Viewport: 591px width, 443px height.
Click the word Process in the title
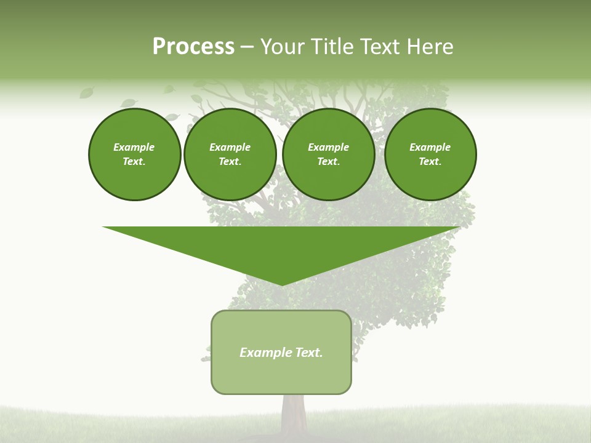click(193, 47)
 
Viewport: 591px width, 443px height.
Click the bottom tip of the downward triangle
click(282, 284)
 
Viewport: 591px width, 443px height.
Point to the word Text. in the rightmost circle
click(430, 161)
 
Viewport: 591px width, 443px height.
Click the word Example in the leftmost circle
click(134, 147)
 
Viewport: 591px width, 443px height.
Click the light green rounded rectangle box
click(281, 375)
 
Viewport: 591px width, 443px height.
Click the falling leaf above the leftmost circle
click(86, 93)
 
